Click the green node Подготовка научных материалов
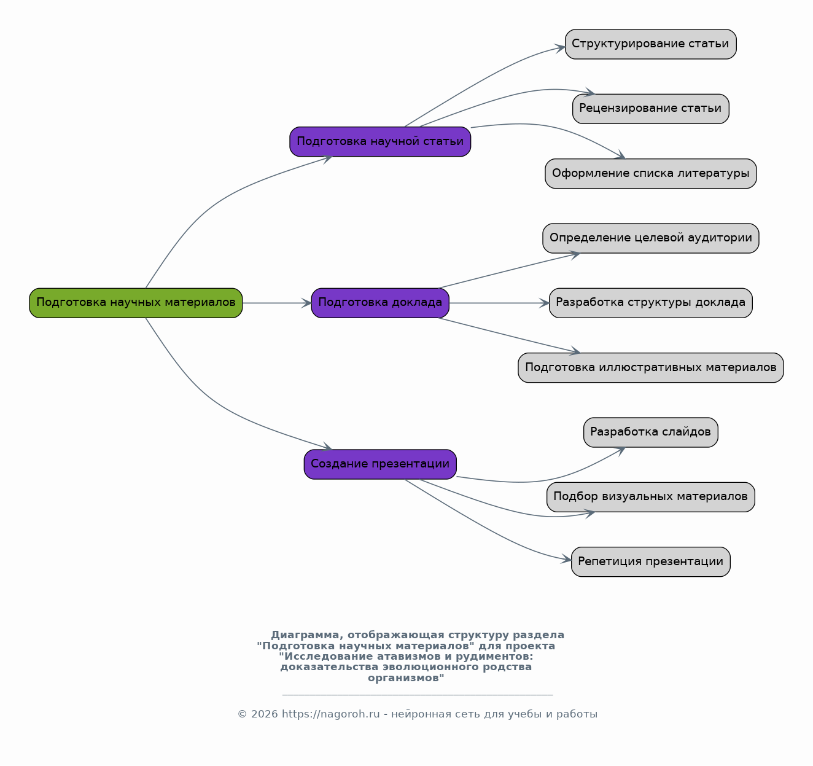136,303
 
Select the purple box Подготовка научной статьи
380,142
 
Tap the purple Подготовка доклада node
380,303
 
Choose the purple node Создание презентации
380,464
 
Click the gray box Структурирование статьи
651,44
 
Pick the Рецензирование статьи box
651,109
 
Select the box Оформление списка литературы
651,174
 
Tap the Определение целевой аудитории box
651,238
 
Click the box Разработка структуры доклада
651,303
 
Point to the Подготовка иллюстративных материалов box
651,368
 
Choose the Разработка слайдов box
651,432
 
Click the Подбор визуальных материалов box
651,498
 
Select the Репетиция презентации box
651,562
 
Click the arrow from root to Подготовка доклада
277,303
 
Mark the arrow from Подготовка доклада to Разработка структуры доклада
499,303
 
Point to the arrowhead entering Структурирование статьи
560,49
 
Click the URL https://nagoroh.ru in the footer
331,714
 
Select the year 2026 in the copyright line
265,714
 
